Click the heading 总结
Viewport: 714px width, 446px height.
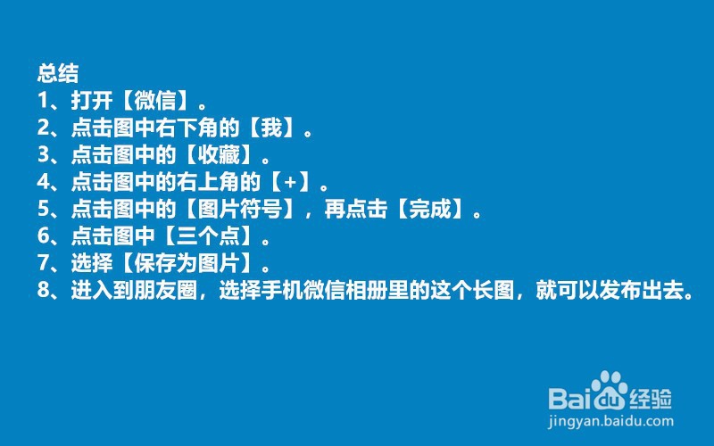tap(58, 73)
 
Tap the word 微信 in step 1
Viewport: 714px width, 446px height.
tap(155, 100)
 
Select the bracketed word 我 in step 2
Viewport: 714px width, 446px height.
tap(271, 128)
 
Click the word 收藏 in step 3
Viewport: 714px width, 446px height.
tap(219, 154)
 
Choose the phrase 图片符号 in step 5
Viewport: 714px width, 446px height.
tap(240, 209)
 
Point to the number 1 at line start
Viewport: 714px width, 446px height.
tap(43, 101)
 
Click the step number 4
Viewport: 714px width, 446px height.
tap(43, 182)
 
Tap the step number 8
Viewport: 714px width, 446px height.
tap(43, 290)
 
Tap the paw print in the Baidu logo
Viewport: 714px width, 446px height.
tap(610, 391)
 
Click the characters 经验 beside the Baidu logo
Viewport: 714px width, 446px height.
tap(651, 398)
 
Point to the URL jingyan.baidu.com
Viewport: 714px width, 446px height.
tap(610, 421)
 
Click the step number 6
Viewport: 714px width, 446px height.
tap(43, 235)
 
